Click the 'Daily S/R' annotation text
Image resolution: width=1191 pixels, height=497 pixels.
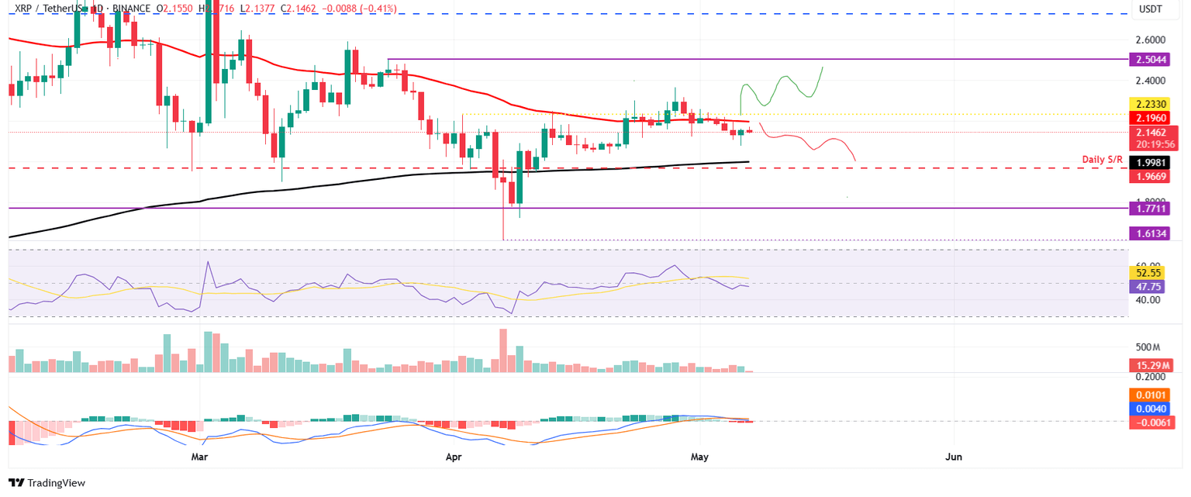[1104, 160]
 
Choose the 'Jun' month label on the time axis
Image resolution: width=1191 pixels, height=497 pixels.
[954, 457]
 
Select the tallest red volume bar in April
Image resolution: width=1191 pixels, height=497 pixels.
[503, 351]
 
